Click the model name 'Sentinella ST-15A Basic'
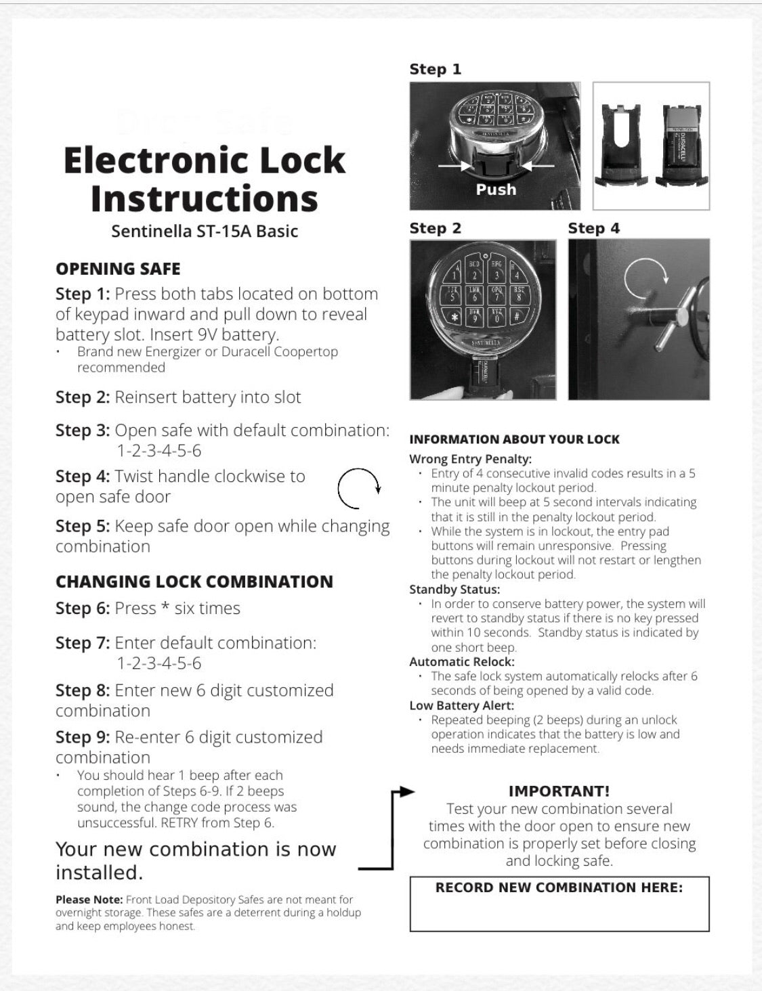[x=205, y=231]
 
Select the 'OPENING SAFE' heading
[x=118, y=269]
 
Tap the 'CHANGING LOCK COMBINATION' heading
[x=194, y=581]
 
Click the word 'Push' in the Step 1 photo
[x=496, y=190]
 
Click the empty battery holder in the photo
[x=618, y=145]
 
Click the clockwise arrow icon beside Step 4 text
[x=358, y=488]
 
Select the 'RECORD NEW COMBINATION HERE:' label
[x=559, y=887]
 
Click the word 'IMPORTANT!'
[x=559, y=791]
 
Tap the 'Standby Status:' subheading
[x=454, y=590]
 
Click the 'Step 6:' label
[x=83, y=609]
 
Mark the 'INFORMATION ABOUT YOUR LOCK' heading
[x=514, y=439]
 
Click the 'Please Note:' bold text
[x=89, y=900]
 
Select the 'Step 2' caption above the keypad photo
[x=435, y=228]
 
